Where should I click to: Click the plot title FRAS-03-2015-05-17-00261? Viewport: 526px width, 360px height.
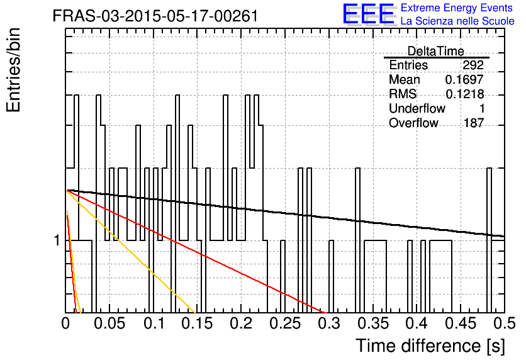155,16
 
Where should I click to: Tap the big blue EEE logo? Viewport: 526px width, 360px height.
368,14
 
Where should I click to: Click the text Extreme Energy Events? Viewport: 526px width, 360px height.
457,8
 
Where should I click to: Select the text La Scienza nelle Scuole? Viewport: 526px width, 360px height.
457,21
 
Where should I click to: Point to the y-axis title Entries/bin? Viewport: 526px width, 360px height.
13,70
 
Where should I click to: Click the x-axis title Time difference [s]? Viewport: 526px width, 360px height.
430,346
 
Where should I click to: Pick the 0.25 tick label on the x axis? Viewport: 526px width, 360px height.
285,323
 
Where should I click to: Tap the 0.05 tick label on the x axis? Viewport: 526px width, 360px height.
109,323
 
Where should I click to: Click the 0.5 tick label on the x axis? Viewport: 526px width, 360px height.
505,323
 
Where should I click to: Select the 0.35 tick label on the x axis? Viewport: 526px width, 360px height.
372,323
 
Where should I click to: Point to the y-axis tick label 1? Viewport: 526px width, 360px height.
57,240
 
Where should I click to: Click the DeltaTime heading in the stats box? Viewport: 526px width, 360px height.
435,51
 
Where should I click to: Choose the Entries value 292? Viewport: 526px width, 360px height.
473,65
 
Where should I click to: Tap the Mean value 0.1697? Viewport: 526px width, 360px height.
464,79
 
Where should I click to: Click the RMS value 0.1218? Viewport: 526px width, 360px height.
464,94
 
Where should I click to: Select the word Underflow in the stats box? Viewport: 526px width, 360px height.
417,108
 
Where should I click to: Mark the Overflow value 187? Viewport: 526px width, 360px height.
474,123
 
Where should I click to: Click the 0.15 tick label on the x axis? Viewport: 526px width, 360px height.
197,323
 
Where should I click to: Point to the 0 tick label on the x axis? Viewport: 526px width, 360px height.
65,323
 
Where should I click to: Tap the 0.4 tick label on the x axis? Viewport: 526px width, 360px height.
417,323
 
